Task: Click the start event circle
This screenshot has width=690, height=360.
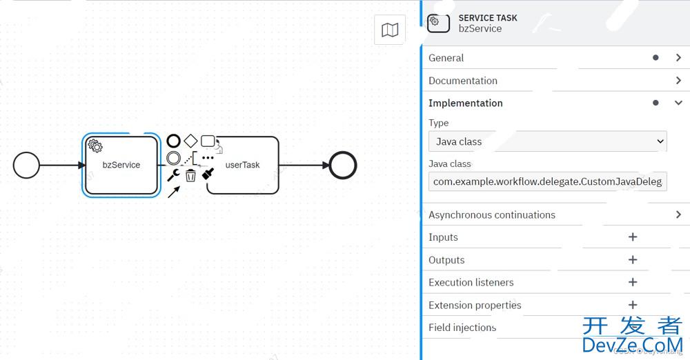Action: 26,166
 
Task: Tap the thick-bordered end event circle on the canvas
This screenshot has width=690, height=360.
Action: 343,166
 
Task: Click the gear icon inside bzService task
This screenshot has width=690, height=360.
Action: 96,146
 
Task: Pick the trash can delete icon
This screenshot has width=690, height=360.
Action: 190,175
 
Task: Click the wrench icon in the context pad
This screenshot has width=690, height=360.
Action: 173,175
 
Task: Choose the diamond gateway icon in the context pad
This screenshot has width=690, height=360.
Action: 190,141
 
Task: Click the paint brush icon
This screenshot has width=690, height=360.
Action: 208,175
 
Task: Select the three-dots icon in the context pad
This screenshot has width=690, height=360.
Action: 208,158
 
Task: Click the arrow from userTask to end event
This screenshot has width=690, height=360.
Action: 304,166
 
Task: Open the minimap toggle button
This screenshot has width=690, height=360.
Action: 390,30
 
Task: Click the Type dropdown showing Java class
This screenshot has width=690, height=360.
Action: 547,141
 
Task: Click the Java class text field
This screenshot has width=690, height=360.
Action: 547,181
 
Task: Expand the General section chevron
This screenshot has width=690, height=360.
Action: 678,58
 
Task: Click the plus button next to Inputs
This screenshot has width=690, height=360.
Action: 633,237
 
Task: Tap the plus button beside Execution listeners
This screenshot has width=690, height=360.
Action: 633,282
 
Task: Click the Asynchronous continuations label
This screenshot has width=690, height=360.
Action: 492,214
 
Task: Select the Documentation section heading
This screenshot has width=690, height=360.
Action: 463,81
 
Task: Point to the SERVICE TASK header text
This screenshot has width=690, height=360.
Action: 488,18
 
